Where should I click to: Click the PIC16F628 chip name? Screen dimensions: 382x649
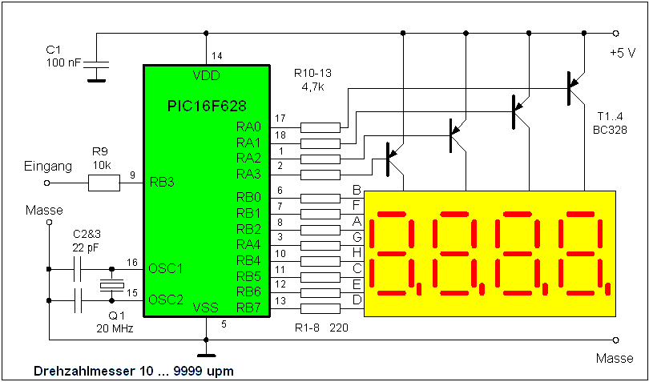(206, 106)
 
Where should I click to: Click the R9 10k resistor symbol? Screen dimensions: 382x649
(103, 183)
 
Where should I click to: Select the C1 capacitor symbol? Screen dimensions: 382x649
(97, 69)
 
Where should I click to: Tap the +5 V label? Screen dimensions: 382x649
(622, 53)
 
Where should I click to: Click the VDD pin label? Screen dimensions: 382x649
(206, 76)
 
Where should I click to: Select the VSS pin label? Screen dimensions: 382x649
(207, 307)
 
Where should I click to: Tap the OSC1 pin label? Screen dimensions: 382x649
(166, 267)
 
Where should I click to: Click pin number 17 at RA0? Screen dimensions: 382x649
(279, 119)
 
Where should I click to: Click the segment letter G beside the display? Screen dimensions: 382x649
(357, 236)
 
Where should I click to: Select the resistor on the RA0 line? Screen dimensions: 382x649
(320, 127)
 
